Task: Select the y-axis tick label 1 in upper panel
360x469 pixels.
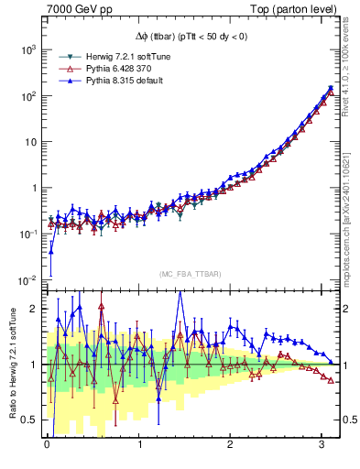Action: click(35, 188)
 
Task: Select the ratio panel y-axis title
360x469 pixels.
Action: click(12, 364)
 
